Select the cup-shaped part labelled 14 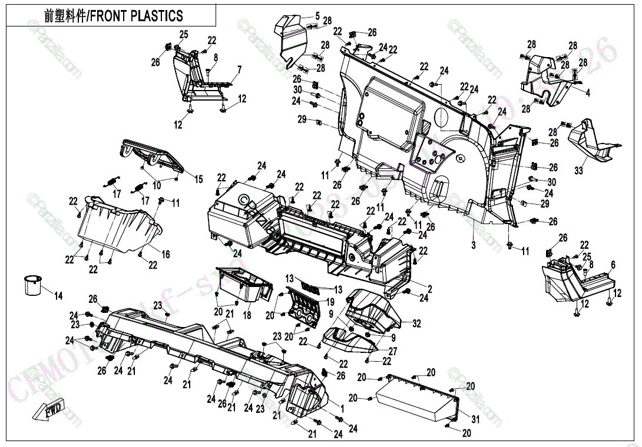pyautogui.click(x=32, y=285)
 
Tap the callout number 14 pyautogui.click(x=58, y=296)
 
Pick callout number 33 pyautogui.click(x=578, y=171)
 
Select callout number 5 pyautogui.click(x=317, y=16)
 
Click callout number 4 pyautogui.click(x=587, y=92)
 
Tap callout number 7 pyautogui.click(x=240, y=69)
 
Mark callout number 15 pyautogui.click(x=198, y=179)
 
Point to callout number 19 pyautogui.click(x=330, y=301)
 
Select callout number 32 pyautogui.click(x=417, y=323)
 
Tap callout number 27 pyautogui.click(x=393, y=351)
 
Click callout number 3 pyautogui.click(x=473, y=245)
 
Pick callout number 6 pyautogui.click(x=613, y=264)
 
